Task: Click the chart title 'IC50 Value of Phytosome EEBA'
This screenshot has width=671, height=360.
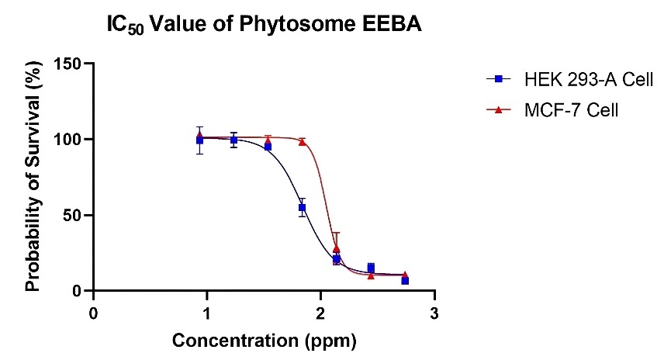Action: [x=265, y=25]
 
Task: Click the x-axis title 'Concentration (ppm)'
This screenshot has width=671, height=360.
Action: [x=265, y=341]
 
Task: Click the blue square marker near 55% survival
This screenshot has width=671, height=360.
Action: [x=302, y=207]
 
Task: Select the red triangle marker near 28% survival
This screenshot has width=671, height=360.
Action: [x=337, y=248]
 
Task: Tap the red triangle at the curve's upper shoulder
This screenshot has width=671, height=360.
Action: [x=302, y=141]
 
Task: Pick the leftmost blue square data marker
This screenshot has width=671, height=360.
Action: [x=199, y=140]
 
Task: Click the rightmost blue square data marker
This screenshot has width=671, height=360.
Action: [x=405, y=280]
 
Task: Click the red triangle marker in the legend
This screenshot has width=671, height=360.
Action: [x=498, y=110]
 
